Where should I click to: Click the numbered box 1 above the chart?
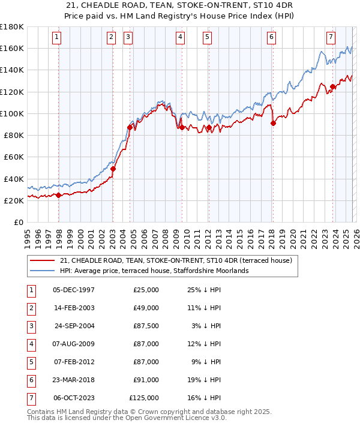[x=56, y=37]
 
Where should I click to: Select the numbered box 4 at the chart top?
[x=180, y=37]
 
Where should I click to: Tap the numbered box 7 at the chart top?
[x=331, y=37]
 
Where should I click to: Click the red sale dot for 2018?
[x=273, y=124]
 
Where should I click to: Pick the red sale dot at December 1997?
[x=58, y=195]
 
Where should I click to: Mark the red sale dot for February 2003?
[x=113, y=169]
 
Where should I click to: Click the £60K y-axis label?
[x=14, y=157]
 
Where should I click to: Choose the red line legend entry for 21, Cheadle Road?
[x=176, y=260]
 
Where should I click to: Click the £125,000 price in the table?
[x=144, y=397]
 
